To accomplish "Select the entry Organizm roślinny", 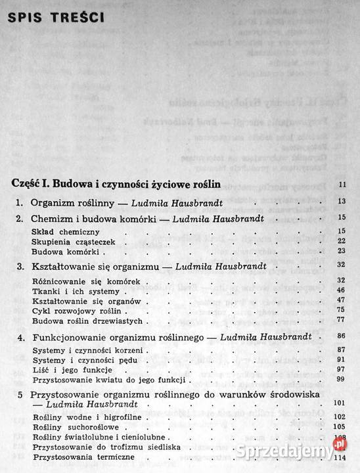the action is click(x=64, y=201).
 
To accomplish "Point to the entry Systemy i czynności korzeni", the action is click(x=81, y=350).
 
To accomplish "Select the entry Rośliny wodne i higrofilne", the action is click(x=81, y=417).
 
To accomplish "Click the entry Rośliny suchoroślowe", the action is click(x=70, y=426).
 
